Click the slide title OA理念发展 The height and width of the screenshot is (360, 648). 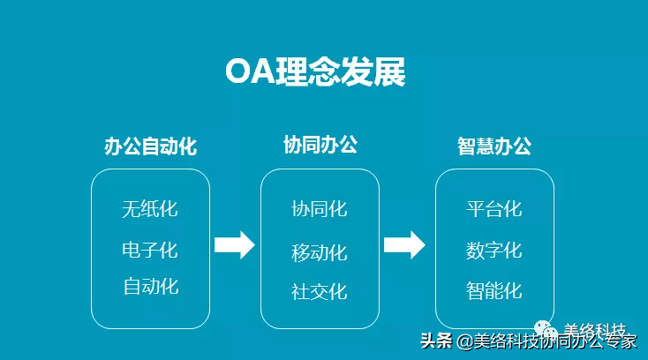tap(315, 71)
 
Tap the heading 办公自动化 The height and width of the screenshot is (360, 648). tap(150, 146)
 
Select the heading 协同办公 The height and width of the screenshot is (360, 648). tap(320, 145)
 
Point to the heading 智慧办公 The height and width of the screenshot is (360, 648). tap(494, 146)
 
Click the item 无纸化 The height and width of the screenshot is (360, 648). tap(150, 209)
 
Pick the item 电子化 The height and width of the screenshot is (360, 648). tap(150, 251)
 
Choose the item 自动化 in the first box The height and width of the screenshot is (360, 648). tap(151, 287)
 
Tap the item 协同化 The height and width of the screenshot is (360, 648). tap(320, 209)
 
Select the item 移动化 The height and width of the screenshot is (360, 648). tap(320, 252)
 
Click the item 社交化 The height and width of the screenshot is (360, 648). tap(320, 291)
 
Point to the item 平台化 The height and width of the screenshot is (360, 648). tap(494, 209)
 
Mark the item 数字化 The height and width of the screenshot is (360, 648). tap(494, 251)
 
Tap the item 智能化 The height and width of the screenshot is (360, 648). tap(494, 290)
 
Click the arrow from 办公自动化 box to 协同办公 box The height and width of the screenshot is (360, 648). tap(234, 245)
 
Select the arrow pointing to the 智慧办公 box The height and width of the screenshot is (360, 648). tap(404, 245)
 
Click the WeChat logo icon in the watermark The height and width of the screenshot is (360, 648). tap(546, 329)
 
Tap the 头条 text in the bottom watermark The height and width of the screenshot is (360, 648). tap(436, 341)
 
